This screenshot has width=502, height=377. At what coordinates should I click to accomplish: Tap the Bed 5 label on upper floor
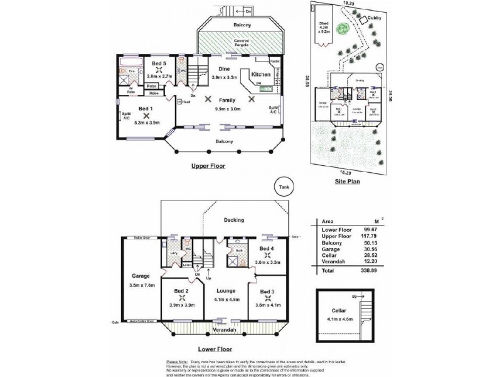[x=159, y=63]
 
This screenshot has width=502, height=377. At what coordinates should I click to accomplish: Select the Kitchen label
[x=260, y=75]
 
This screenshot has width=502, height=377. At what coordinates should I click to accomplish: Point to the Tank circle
[x=284, y=187]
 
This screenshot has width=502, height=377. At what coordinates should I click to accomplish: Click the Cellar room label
[x=339, y=310]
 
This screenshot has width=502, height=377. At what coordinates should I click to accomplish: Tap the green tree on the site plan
[x=342, y=29]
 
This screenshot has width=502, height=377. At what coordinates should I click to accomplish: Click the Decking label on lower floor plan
[x=234, y=220]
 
